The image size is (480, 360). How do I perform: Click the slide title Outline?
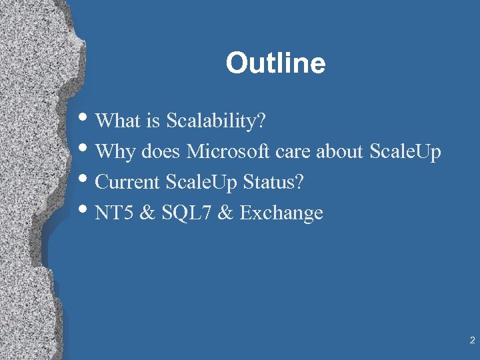275,64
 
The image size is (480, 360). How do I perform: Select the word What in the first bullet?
117,121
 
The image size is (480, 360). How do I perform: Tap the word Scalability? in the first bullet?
216,121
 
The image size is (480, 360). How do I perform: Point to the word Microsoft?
229,151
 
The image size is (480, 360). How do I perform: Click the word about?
340,151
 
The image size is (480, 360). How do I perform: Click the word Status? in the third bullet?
275,182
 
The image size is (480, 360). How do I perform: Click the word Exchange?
281,213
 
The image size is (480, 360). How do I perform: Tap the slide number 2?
472,341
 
